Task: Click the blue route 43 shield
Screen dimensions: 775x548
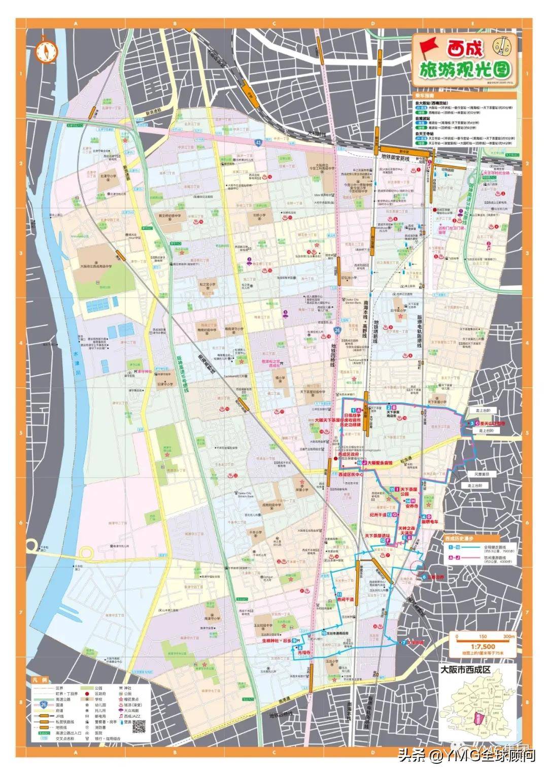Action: [259, 143]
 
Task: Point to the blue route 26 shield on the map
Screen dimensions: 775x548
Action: [337, 330]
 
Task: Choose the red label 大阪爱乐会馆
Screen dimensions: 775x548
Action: [381, 463]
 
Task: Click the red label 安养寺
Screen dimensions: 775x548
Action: [412, 506]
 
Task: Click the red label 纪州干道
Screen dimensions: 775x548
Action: [380, 514]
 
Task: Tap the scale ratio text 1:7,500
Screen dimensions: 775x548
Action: [482, 647]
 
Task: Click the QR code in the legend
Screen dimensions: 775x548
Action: [139, 726]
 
